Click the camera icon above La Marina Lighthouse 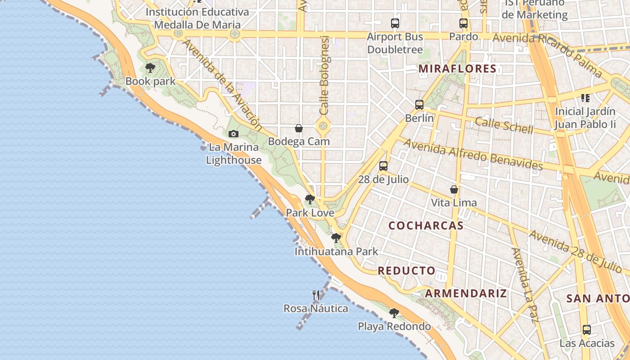point(233,134)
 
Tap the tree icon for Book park point(150,68)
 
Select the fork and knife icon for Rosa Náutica point(316,295)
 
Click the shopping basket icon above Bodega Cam point(298,129)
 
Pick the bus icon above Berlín point(419,105)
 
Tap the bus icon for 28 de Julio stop point(383,166)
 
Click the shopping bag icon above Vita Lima point(454,189)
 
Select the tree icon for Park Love point(310,199)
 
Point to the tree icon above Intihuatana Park point(336,238)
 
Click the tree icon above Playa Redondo point(394,313)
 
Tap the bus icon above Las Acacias point(587,330)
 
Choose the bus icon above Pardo point(463,23)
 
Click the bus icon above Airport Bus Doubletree point(395,23)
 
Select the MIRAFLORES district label point(457,69)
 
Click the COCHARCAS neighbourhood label point(426,225)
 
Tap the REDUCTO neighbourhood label point(406,270)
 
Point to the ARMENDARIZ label point(466,293)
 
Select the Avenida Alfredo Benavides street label point(472,154)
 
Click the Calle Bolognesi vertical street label point(324,75)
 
